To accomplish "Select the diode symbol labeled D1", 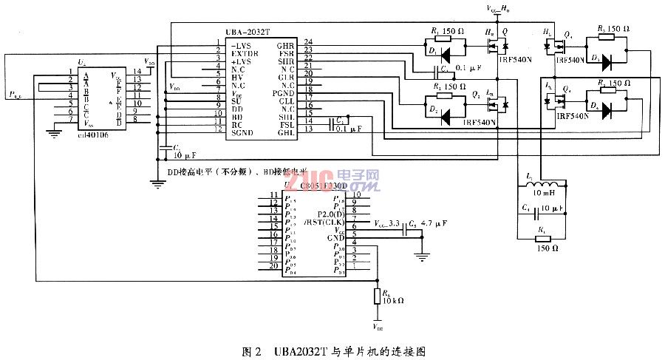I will (x=445, y=55).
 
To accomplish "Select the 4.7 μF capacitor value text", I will (x=432, y=223).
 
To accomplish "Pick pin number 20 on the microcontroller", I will (x=273, y=265).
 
